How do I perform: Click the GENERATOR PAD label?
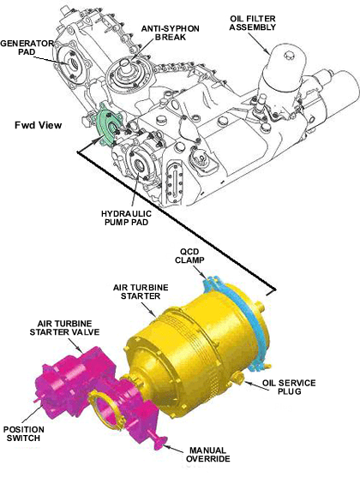pos(27,47)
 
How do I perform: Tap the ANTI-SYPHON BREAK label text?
pos(171,33)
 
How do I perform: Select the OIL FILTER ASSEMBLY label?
pos(253,23)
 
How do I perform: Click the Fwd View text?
pos(38,125)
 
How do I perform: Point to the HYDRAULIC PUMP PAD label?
pos(126,218)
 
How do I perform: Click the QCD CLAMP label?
pos(189,256)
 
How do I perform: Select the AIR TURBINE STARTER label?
pos(141,291)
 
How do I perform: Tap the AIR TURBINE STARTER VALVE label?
pos(64,327)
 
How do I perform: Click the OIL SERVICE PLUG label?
pos(289,386)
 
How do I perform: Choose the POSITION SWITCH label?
pos(24,434)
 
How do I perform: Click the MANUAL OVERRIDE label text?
pos(208,454)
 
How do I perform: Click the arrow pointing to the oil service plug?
pos(253,384)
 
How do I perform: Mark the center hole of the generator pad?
pos(74,63)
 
